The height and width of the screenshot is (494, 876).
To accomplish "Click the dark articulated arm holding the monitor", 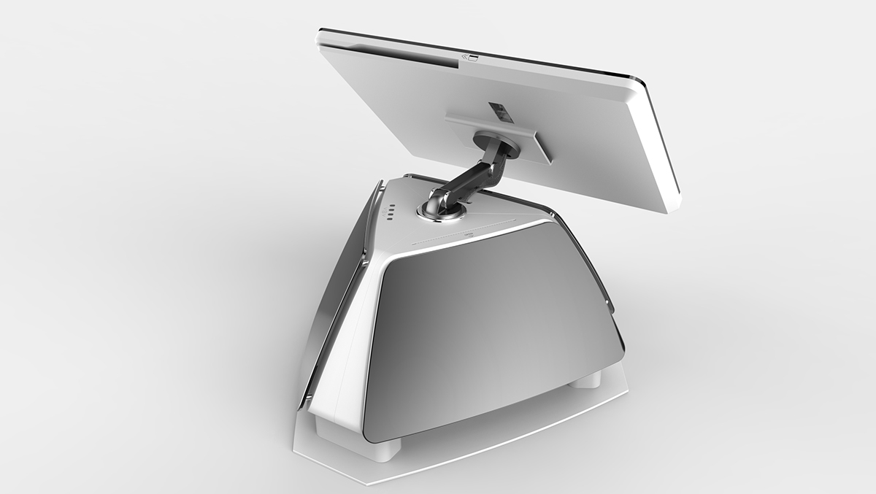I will click(468, 174).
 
